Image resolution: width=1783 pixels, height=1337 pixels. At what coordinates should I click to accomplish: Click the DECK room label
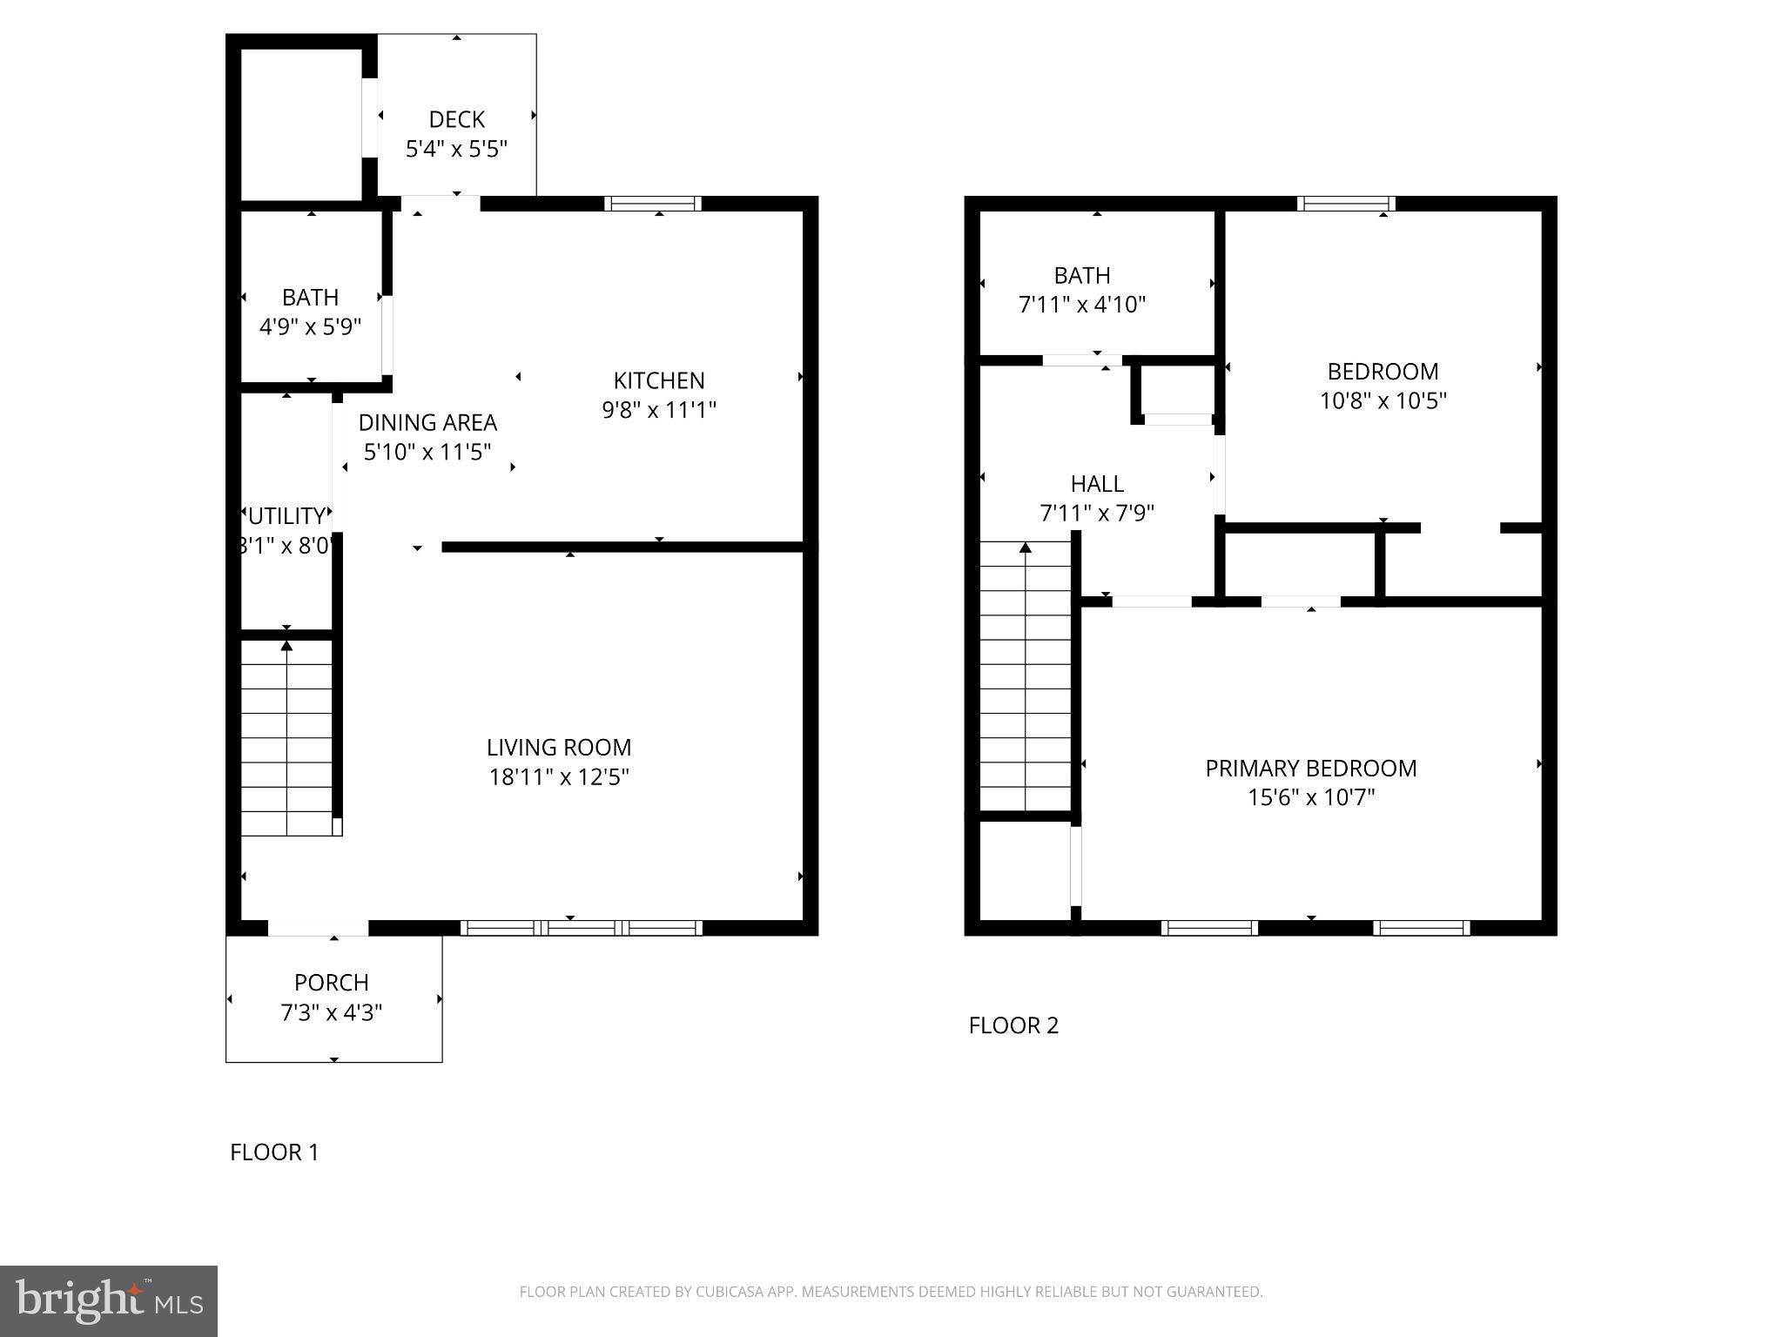coord(456,119)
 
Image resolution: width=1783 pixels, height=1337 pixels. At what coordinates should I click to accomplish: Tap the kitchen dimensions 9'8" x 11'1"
coord(659,410)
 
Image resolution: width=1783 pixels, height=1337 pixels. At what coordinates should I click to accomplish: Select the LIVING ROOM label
coord(559,748)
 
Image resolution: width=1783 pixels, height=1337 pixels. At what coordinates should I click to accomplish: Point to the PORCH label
coord(332,983)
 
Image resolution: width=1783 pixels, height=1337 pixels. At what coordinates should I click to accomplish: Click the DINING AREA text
coord(427,423)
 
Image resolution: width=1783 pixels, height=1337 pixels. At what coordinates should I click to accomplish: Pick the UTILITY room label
coord(286,516)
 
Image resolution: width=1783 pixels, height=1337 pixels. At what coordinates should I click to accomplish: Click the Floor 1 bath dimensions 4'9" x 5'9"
coord(310,327)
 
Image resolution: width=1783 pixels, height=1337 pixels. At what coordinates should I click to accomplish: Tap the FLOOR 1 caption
coord(274,1152)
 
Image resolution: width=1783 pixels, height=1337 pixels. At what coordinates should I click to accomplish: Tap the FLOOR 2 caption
coord(1013,1025)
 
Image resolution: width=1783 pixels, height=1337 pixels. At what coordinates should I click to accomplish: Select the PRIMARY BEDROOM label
coord(1310,769)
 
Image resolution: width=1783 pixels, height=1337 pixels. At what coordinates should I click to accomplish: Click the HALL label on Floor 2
coord(1097,484)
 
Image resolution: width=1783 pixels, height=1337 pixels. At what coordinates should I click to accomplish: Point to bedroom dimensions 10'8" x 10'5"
coord(1383,401)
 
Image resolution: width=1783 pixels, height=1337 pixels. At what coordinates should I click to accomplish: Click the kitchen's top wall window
coord(653,204)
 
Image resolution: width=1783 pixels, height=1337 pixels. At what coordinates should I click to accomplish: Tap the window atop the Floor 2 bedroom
coord(1346,204)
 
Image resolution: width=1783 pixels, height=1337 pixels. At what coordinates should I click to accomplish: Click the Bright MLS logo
coord(109,1301)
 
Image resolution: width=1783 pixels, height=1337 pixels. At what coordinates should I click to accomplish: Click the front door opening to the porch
coord(318,929)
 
